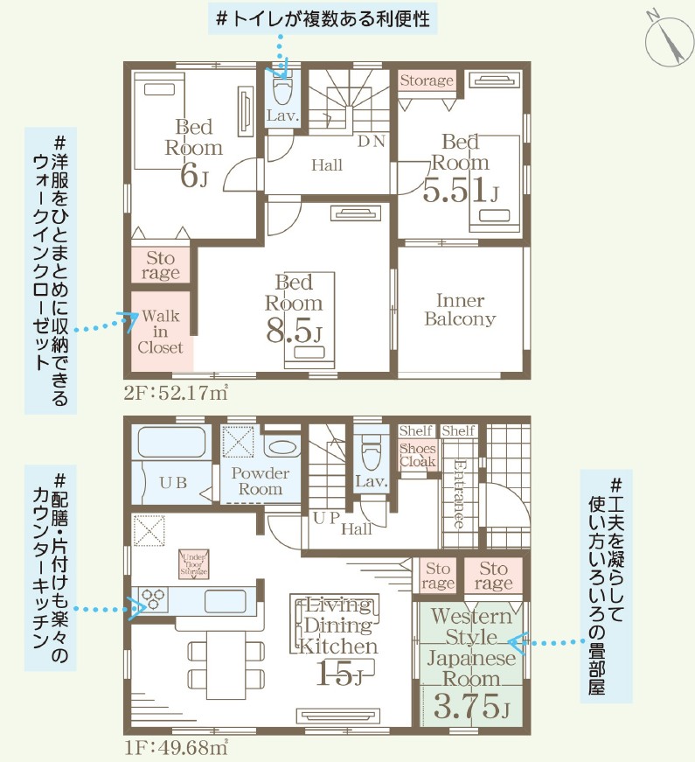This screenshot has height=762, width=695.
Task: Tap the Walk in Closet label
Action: (161, 332)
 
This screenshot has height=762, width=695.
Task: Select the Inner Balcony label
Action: (460, 310)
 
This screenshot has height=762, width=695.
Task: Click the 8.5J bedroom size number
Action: (295, 332)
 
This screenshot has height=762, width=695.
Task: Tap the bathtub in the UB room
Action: (170, 444)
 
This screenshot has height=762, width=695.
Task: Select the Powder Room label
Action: (261, 481)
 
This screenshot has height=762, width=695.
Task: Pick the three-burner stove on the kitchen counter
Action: (155, 600)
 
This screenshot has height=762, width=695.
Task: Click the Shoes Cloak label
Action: (417, 455)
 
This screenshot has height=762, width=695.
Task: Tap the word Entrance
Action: (457, 494)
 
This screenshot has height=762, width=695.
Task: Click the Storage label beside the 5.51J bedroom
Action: (427, 81)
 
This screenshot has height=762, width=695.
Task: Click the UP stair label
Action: (326, 517)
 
